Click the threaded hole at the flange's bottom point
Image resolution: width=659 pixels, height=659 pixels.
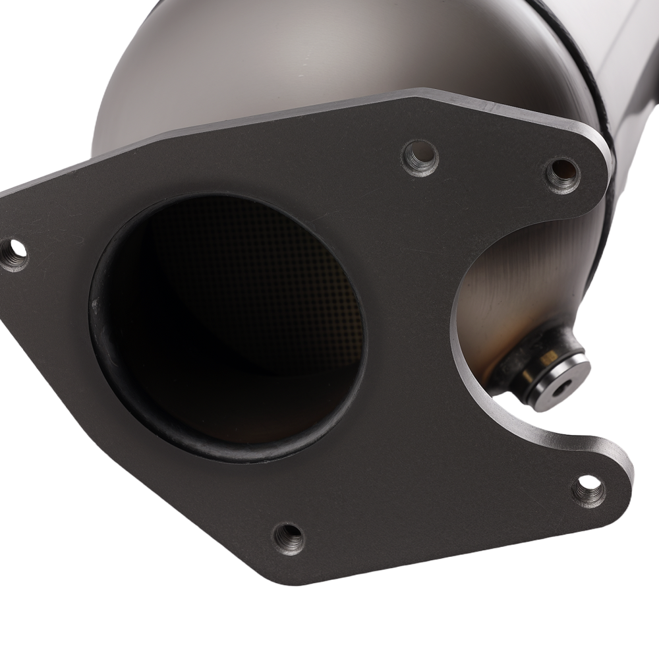tap(289, 537)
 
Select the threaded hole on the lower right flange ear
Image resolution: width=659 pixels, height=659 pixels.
tap(588, 490)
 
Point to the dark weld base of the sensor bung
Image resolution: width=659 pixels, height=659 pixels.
tap(507, 369)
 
